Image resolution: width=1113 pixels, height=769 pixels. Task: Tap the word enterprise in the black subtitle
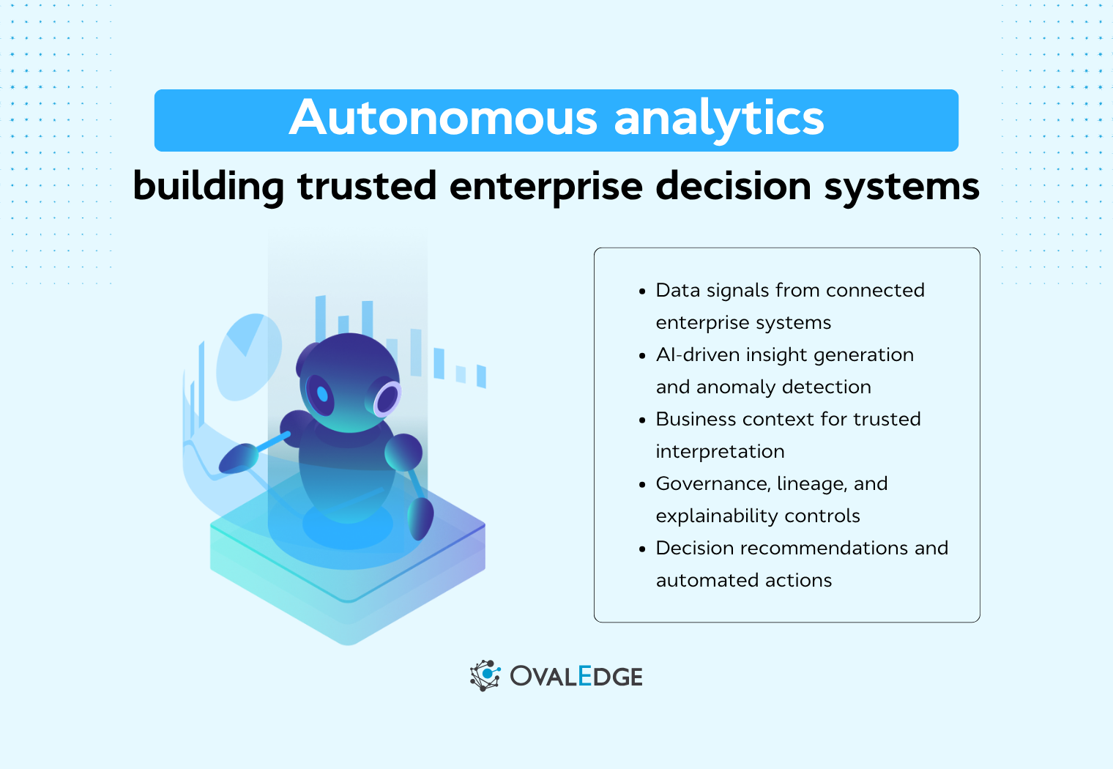(546, 186)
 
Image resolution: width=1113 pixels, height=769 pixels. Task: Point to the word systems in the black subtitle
(901, 186)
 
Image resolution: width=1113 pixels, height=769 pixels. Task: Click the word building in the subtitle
(209, 186)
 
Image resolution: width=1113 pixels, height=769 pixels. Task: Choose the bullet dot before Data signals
(642, 291)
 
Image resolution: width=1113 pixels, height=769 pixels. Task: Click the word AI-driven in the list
(697, 355)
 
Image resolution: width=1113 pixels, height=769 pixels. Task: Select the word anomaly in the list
(735, 387)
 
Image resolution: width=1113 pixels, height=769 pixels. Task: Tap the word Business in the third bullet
(694, 420)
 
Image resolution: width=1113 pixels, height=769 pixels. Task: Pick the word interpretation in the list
(720, 452)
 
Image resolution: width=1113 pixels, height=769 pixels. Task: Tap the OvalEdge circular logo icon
(485, 675)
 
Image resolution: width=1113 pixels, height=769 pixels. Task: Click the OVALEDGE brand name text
(576, 676)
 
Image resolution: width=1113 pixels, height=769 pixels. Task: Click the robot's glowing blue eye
(321, 394)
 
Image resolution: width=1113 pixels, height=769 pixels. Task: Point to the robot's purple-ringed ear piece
(387, 398)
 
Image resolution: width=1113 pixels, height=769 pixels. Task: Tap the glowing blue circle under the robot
(347, 525)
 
